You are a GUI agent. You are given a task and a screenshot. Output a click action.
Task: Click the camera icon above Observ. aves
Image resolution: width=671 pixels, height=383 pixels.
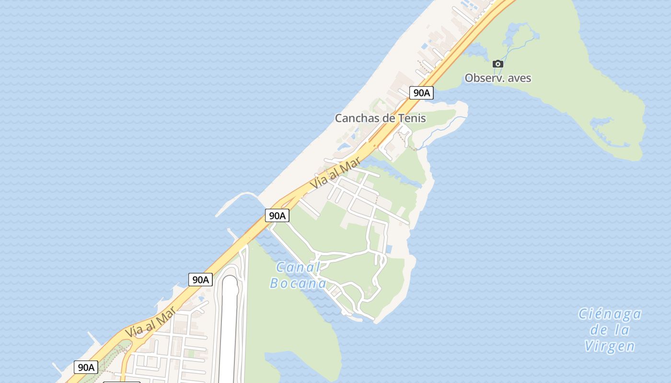point(498,64)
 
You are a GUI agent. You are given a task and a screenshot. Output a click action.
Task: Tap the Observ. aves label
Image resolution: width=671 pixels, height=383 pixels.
point(498,78)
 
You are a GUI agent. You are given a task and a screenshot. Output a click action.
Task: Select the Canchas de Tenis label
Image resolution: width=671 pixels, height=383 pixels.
point(380,118)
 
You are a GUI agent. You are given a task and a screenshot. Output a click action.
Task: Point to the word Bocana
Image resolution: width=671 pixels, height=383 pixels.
point(298,283)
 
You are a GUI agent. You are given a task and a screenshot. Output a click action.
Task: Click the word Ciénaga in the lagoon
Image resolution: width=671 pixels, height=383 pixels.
point(610,314)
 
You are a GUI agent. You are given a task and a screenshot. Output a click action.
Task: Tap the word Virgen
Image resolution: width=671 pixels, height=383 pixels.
point(610,346)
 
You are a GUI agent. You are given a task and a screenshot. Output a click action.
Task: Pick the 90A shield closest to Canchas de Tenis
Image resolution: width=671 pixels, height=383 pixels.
point(421,93)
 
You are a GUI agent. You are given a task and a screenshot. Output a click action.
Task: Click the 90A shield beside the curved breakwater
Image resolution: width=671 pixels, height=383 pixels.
point(277,215)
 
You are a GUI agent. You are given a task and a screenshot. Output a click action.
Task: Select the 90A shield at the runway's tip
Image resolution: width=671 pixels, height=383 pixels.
point(200,280)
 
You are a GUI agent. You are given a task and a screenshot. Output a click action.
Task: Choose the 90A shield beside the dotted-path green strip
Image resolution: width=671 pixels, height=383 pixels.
point(86,367)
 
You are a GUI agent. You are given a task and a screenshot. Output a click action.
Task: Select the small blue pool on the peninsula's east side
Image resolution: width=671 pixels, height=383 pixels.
point(389,249)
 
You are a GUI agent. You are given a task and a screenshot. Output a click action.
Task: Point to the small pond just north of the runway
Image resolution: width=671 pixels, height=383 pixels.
point(201,299)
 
